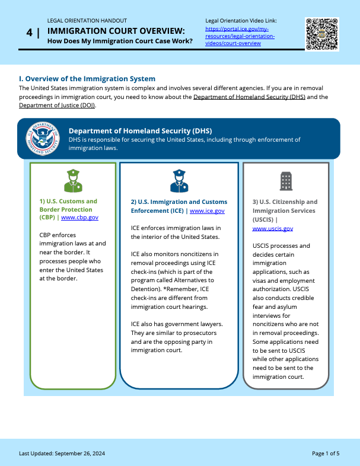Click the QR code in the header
pyautogui.click(x=322, y=34)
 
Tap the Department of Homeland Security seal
pyautogui.click(x=43, y=138)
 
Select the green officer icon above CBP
pyautogui.click(x=73, y=180)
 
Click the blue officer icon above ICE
pyautogui.click(x=179, y=181)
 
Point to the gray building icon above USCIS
pyautogui.click(x=286, y=181)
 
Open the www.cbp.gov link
pyautogui.click(x=79, y=218)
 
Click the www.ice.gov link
pyautogui.click(x=207, y=210)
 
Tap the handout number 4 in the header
pyautogui.click(x=29, y=33)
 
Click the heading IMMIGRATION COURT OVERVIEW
pyautogui.click(x=116, y=30)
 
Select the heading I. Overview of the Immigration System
pyautogui.click(x=87, y=79)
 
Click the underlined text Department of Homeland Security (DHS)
pyautogui.click(x=249, y=97)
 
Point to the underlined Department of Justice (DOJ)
pyautogui.click(x=57, y=106)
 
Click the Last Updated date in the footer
pyautogui.click(x=62, y=454)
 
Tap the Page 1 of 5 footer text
pyautogui.click(x=326, y=454)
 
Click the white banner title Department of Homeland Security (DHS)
pyautogui.click(x=140, y=130)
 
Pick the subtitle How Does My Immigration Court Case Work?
pyautogui.click(x=120, y=41)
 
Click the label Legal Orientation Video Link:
pyautogui.click(x=241, y=21)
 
